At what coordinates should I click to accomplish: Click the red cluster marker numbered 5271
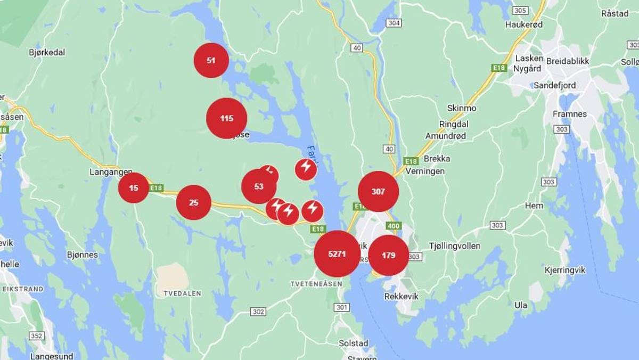tap(337, 254)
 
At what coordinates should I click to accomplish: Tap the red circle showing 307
tap(378, 192)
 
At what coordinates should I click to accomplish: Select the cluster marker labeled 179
tap(389, 256)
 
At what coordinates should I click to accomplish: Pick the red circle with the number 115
tap(227, 118)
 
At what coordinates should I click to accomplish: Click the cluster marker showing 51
tap(211, 61)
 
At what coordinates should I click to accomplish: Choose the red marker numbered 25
tap(194, 202)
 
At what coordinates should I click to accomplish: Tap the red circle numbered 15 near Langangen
tap(134, 188)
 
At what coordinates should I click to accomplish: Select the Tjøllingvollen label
tap(454, 246)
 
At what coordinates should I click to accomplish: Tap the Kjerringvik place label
tap(565, 270)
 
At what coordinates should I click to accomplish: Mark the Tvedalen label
tap(182, 293)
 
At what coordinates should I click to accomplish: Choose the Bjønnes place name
tap(83, 255)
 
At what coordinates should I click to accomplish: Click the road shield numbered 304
tap(394, 23)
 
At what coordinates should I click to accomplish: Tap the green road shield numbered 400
tap(394, 226)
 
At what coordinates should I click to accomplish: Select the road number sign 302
tap(258, 312)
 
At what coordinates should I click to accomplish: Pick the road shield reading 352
tap(37, 336)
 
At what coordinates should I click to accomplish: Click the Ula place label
tap(521, 305)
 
